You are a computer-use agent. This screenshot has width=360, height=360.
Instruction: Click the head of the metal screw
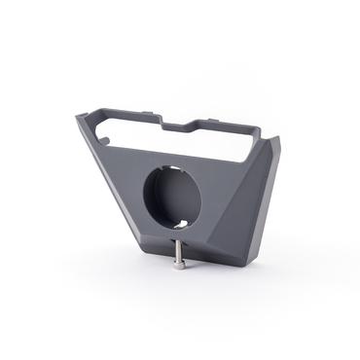coord(179,264)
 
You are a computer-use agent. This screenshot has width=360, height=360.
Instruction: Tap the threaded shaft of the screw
coord(179,251)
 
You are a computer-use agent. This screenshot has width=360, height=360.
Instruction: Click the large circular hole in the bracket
coord(172,198)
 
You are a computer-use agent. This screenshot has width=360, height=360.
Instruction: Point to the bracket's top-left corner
coord(81,118)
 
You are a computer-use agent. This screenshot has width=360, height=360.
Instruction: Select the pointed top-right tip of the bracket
coord(278,139)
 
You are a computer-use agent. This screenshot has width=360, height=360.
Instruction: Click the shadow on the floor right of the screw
coord(209,265)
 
